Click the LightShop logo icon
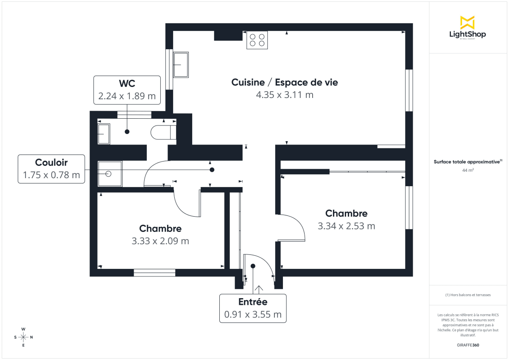coord(467,22)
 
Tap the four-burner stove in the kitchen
coord(257,40)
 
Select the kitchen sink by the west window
coord(181,65)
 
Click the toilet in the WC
coord(163,132)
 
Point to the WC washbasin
coord(104,134)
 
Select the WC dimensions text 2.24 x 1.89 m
coord(127,96)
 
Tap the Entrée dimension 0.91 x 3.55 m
coord(253,315)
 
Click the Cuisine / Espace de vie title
coord(285,82)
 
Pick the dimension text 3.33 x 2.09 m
coord(160,241)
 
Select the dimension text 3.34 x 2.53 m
coord(346,226)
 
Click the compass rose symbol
coord(23,337)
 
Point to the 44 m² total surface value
coord(467,170)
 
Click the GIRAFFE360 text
coord(467,345)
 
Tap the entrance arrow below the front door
coord(258,289)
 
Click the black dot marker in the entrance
coord(253,266)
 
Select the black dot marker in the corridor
coord(212,170)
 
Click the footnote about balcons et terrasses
coord(467,295)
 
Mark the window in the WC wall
coord(134,114)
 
